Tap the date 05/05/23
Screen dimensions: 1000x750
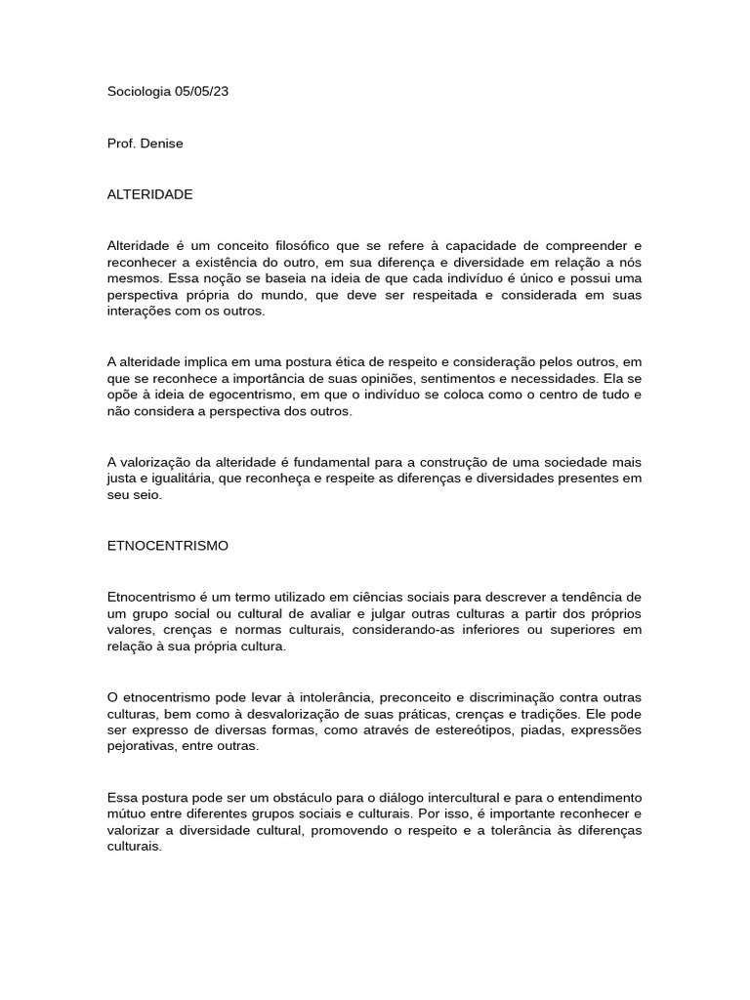pyautogui.click(x=202, y=92)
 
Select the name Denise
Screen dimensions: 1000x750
pyautogui.click(x=161, y=144)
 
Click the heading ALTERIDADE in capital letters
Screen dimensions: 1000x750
pyautogui.click(x=149, y=194)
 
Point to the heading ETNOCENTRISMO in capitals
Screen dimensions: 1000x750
pyautogui.click(x=167, y=546)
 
